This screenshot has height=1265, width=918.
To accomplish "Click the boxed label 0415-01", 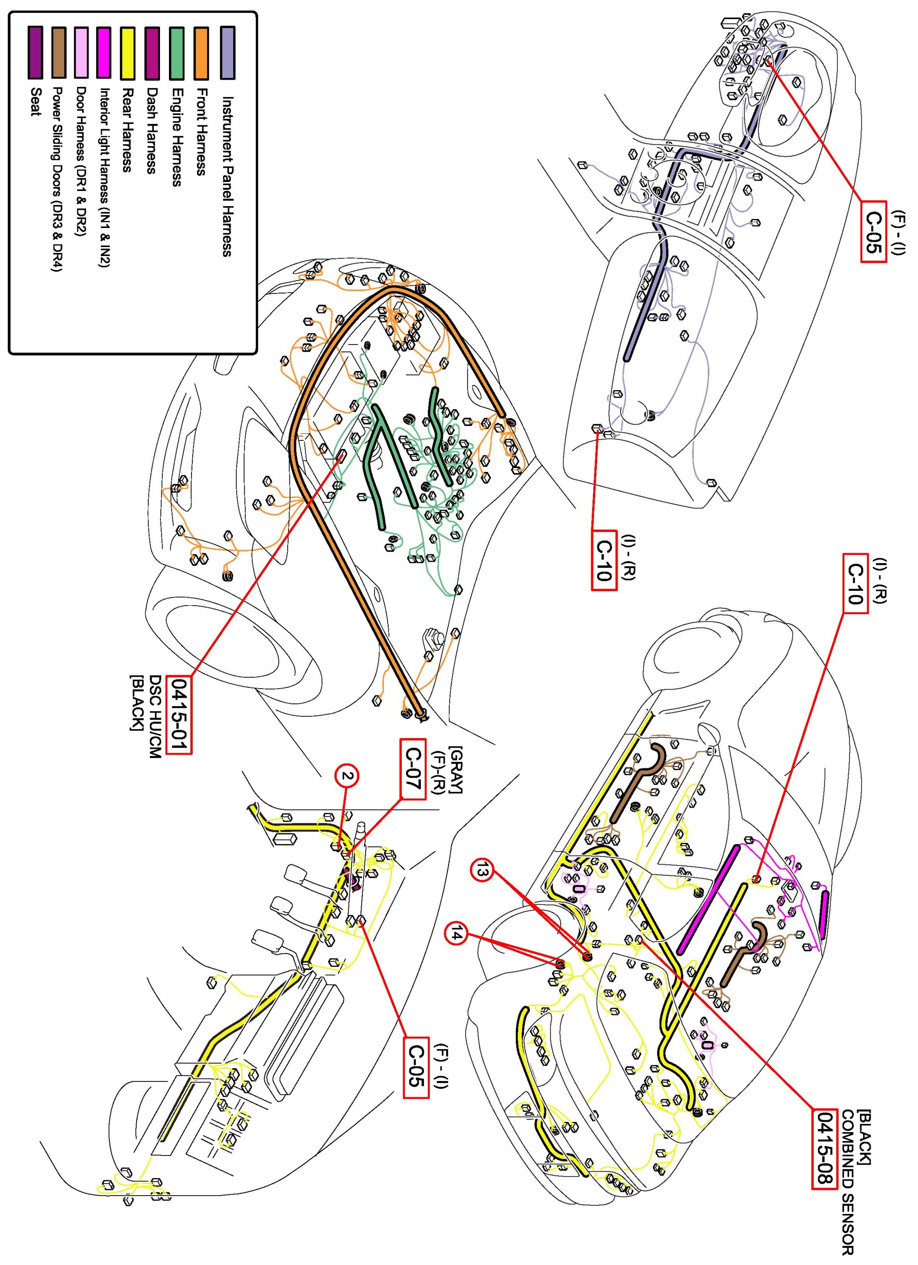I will click(x=181, y=715).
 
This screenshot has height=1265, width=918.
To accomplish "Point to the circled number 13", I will click(x=483, y=871).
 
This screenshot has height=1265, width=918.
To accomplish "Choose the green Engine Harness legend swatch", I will click(x=177, y=52).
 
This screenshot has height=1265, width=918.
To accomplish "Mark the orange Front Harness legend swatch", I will click(x=202, y=52).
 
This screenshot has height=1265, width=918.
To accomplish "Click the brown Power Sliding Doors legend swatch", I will click(x=59, y=52).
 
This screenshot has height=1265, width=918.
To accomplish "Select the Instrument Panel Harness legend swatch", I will click(x=227, y=52).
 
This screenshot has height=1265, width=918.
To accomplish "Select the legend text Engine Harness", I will click(x=177, y=137).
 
